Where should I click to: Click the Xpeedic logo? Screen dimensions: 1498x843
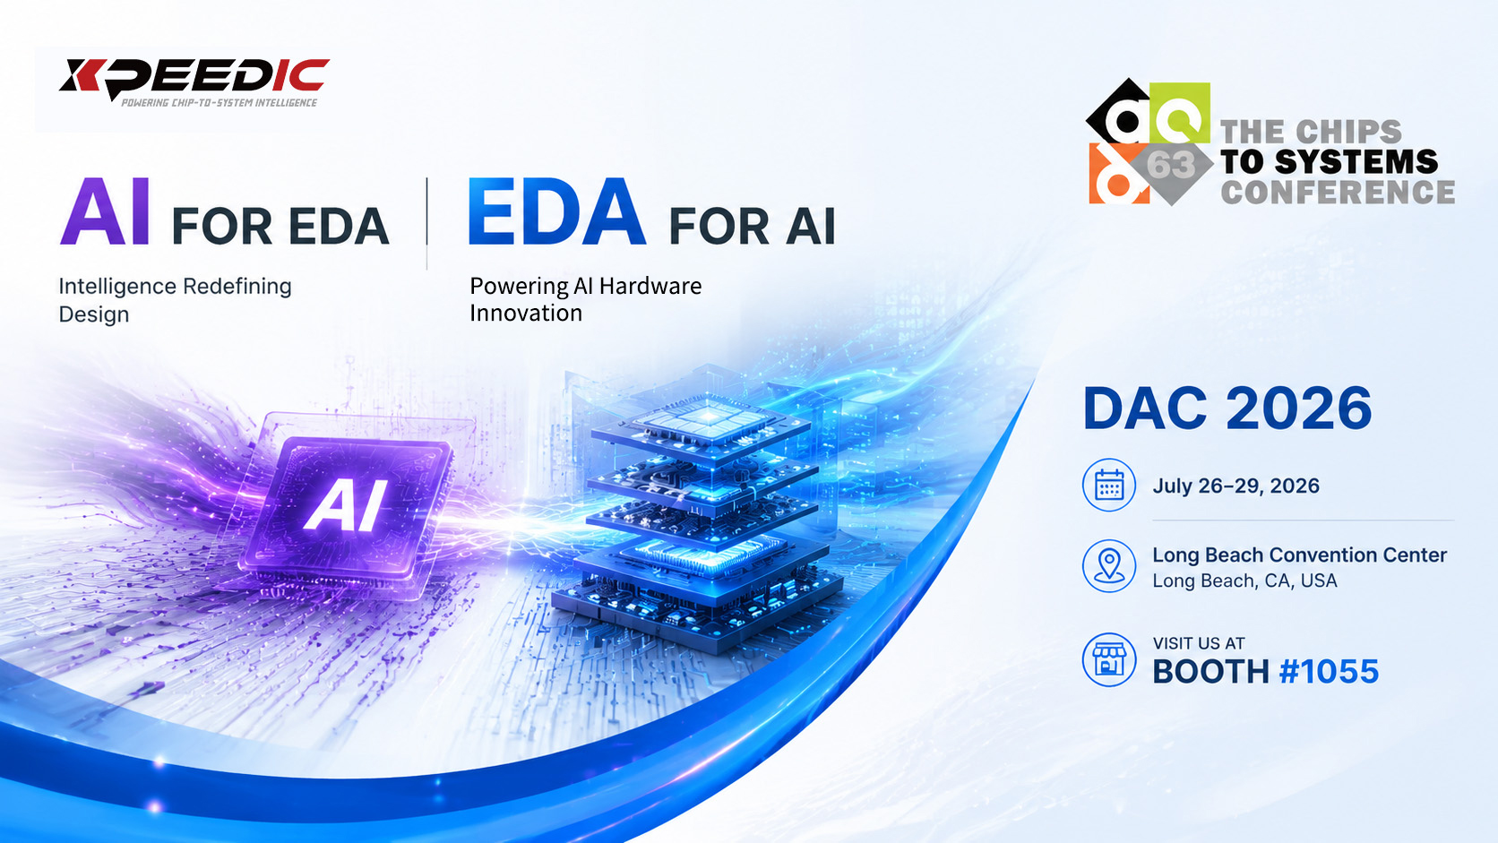[x=194, y=82]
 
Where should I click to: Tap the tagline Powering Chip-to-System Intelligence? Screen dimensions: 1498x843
[x=220, y=103]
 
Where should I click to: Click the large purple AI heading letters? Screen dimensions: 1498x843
[x=105, y=212]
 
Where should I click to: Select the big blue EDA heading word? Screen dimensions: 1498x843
[x=556, y=212]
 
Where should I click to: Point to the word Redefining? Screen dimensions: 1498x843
[x=237, y=286]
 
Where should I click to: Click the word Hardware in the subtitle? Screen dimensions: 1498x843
[x=650, y=286]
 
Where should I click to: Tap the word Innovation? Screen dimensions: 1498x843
[x=526, y=313]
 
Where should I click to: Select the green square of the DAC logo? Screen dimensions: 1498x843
[x=1180, y=112]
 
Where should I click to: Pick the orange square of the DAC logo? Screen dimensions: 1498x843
[x=1118, y=173]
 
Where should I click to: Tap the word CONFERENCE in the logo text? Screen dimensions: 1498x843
[x=1338, y=192]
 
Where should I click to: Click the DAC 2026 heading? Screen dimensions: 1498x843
[x=1227, y=408]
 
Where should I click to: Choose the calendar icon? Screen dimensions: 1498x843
[x=1109, y=485]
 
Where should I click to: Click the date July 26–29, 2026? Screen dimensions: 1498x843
[x=1235, y=486]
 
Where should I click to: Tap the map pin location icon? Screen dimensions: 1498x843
[x=1109, y=565]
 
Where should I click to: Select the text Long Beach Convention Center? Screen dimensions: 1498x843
[x=1299, y=555]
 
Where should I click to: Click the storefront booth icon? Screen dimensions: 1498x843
[x=1109, y=660]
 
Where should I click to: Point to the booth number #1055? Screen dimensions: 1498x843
[x=1329, y=671]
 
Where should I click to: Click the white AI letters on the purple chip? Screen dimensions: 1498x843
[x=346, y=505]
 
